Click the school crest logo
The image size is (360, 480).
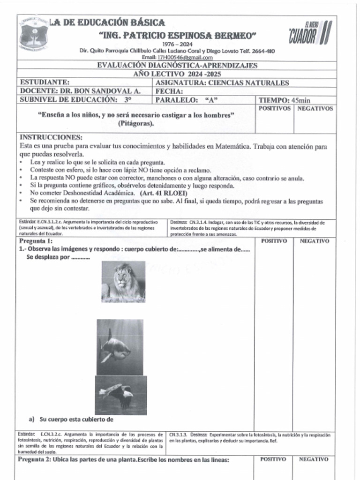click(x=33, y=33)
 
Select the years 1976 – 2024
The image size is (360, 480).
click(x=177, y=44)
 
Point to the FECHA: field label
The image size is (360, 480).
click(x=169, y=91)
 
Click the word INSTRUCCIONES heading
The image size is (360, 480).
click(x=51, y=138)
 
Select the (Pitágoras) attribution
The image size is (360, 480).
click(x=136, y=124)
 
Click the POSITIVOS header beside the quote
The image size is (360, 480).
click(x=274, y=108)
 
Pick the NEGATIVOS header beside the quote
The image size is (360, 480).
click(x=315, y=108)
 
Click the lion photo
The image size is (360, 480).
click(x=123, y=282)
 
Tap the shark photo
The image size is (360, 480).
click(x=120, y=347)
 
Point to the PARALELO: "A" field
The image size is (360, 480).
click(x=187, y=100)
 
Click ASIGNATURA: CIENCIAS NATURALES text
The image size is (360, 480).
click(x=222, y=83)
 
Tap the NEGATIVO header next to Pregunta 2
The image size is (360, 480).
click(x=314, y=459)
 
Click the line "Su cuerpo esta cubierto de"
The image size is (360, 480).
click(x=77, y=419)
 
